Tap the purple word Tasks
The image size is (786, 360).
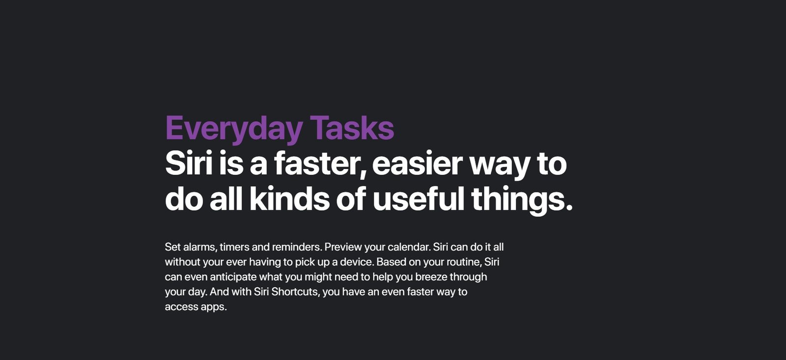pyautogui.click(x=352, y=128)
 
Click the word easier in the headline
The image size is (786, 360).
pyautogui.click(x=417, y=164)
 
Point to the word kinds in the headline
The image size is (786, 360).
pyautogui.click(x=289, y=198)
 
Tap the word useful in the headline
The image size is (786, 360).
pyautogui.click(x=418, y=198)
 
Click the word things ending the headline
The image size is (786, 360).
pyautogui.click(x=522, y=200)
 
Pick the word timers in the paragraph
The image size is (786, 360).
pyautogui.click(x=234, y=247)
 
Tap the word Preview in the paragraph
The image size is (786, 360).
pyautogui.click(x=343, y=247)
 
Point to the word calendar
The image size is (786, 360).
pyautogui.click(x=409, y=247)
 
